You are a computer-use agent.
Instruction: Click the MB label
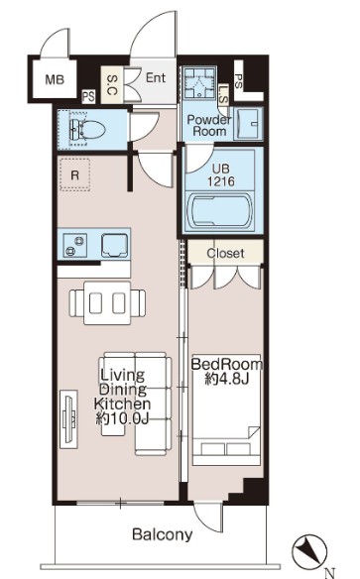55,79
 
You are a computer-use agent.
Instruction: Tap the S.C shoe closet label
112,84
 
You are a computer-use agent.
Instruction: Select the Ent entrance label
156,77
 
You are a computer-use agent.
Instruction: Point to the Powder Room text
209,125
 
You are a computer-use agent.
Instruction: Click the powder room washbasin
249,123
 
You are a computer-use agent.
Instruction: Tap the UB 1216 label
221,175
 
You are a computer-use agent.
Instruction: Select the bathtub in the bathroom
220,211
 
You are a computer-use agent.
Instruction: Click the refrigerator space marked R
75,174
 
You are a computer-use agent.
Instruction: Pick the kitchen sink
115,246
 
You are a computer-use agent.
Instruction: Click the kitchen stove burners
75,246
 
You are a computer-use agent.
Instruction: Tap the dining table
107,303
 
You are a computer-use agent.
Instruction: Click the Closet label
225,254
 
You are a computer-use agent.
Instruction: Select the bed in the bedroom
226,409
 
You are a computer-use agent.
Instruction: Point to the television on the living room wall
69,419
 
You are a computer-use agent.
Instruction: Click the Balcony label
163,534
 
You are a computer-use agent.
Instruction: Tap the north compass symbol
310,551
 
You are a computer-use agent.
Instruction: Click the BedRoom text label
227,365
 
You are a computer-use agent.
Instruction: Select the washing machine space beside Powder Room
199,82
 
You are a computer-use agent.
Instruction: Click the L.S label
224,94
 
